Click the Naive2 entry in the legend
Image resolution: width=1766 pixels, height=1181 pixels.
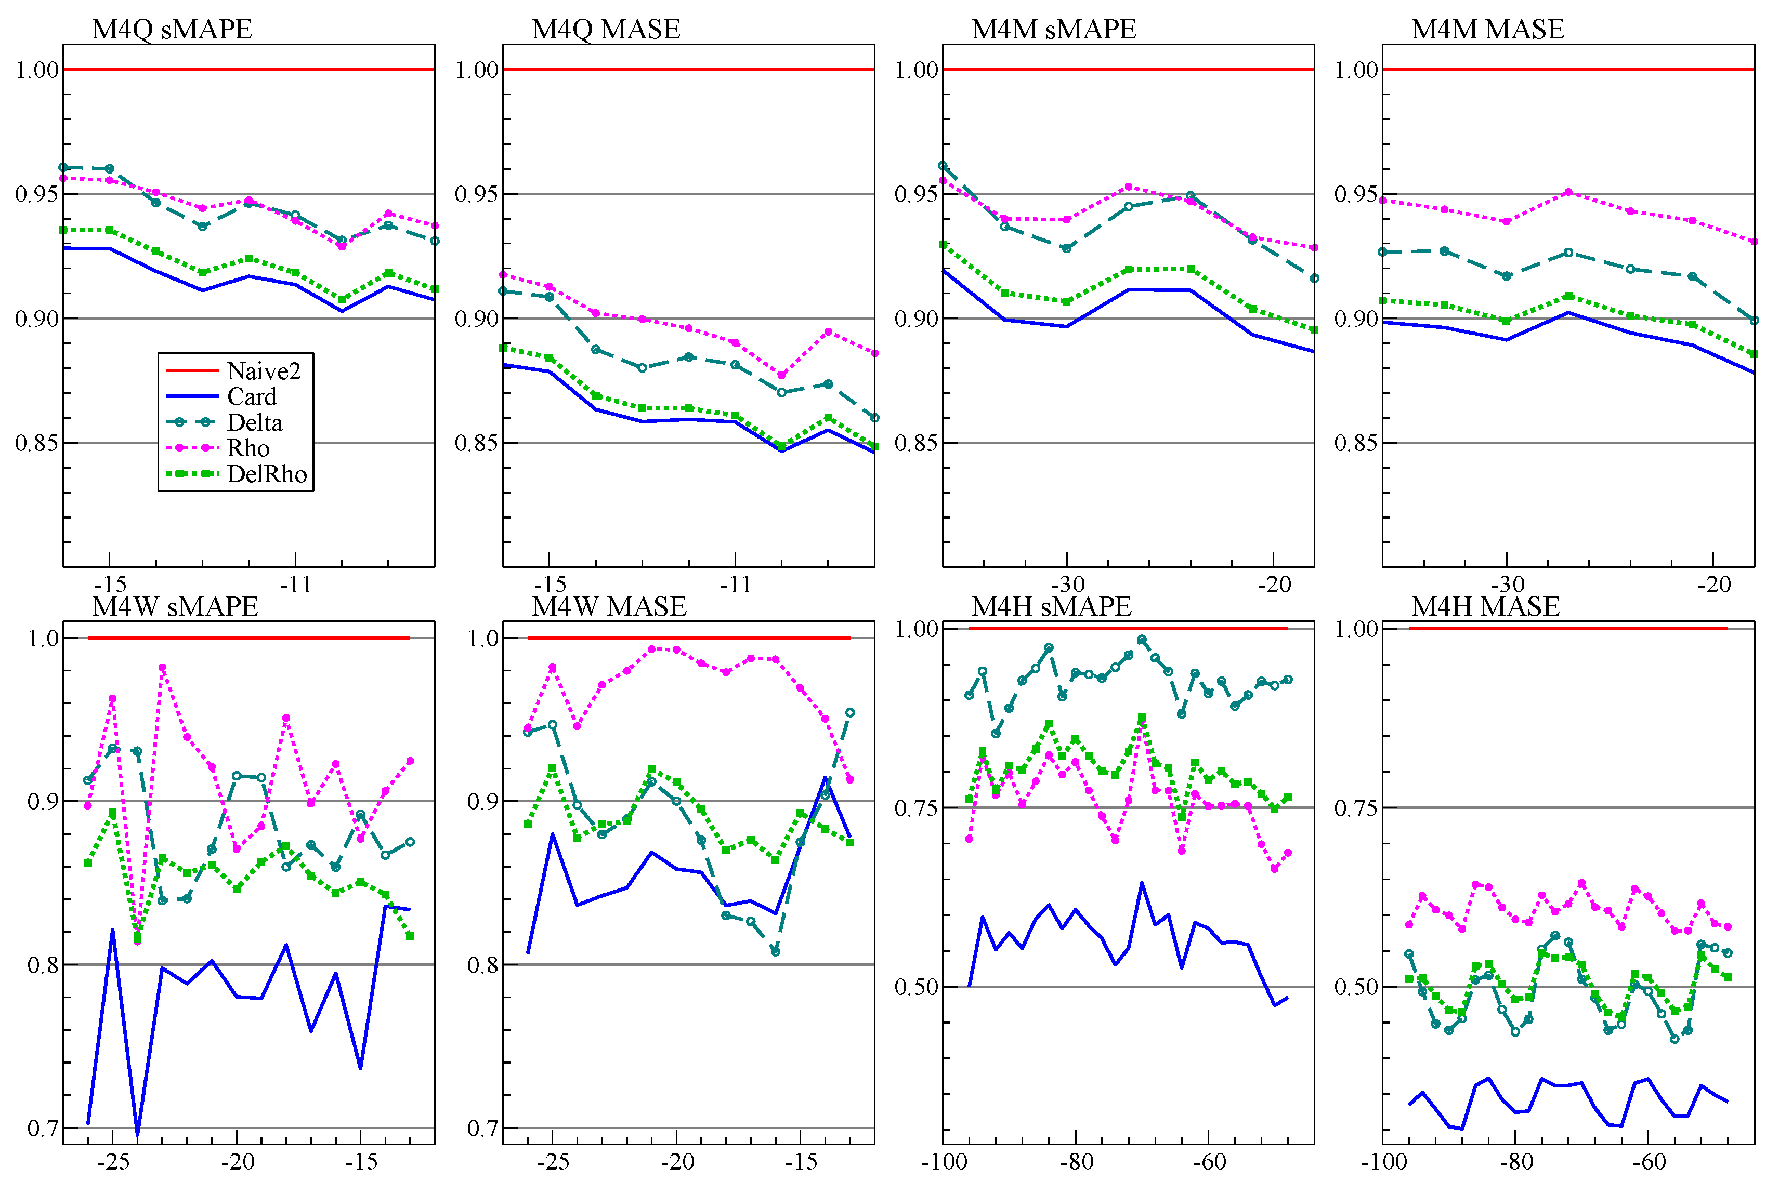[x=264, y=370]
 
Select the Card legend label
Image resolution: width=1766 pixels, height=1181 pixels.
[x=252, y=396]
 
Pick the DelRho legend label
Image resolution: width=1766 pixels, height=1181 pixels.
[x=267, y=474]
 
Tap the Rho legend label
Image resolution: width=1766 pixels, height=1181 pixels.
[x=248, y=448]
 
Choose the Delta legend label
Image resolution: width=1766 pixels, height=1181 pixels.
[x=255, y=422]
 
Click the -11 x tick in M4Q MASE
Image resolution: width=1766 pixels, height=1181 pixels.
[x=735, y=585]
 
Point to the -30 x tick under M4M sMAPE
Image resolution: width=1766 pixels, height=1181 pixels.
[x=1067, y=585]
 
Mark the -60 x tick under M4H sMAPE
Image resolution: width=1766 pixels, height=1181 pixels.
[x=1209, y=1161]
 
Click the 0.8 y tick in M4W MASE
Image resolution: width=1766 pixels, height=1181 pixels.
[x=483, y=965]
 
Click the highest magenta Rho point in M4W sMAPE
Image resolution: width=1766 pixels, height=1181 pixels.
[x=162, y=667]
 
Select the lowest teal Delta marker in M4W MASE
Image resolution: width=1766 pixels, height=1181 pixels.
[x=775, y=952]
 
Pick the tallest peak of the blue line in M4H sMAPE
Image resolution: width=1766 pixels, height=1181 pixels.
[x=1142, y=883]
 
